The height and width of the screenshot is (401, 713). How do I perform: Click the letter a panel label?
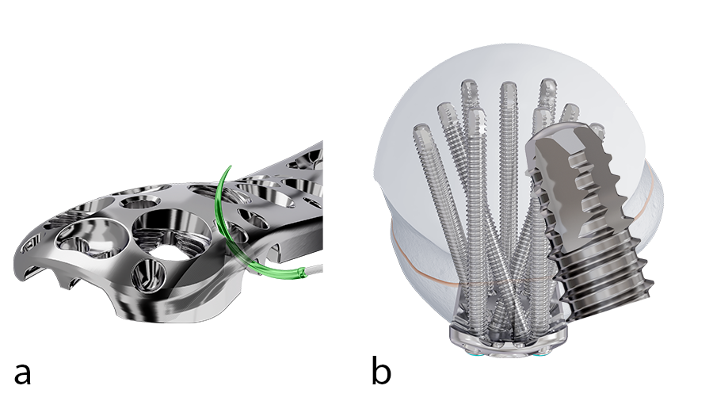pyautogui.click(x=22, y=371)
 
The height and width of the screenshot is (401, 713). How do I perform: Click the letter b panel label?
pyautogui.click(x=382, y=369)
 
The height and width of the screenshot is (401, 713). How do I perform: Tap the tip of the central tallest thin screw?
pyautogui.click(x=508, y=87)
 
